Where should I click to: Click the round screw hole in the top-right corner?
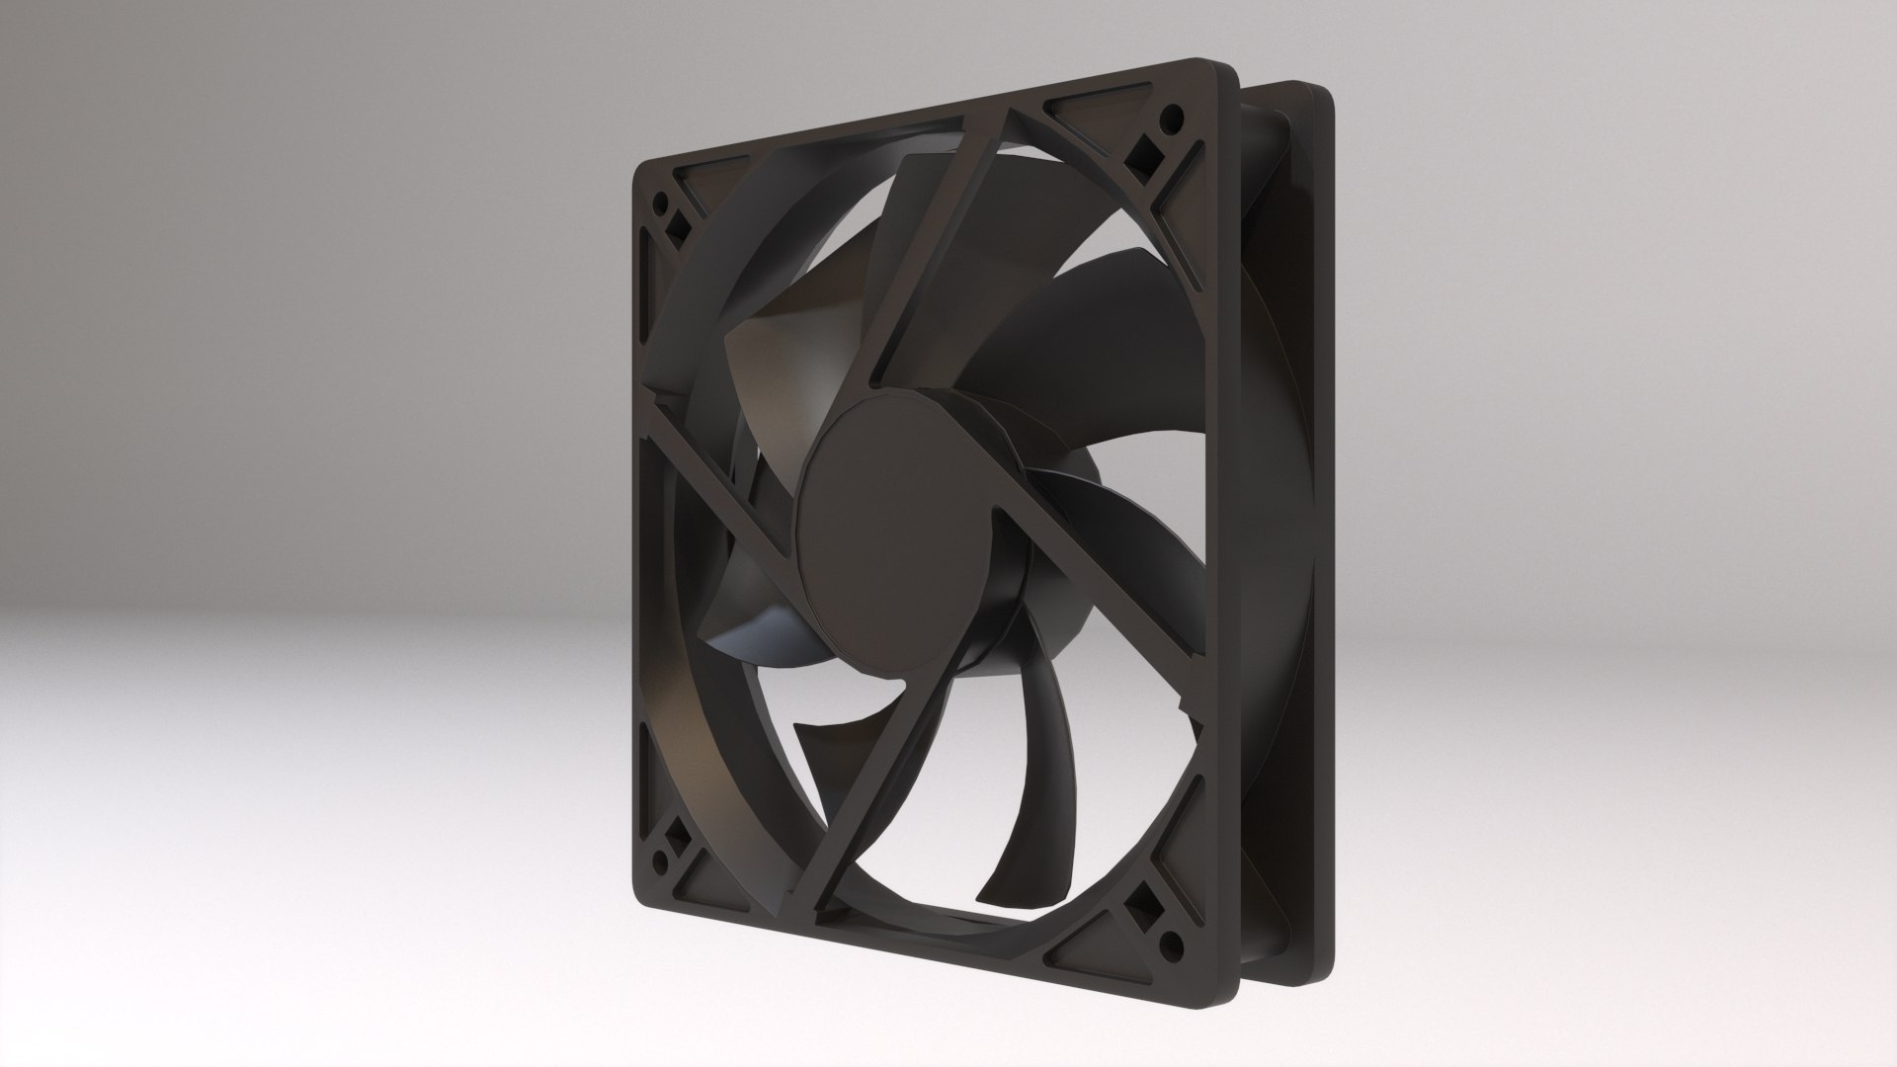[1173, 121]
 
